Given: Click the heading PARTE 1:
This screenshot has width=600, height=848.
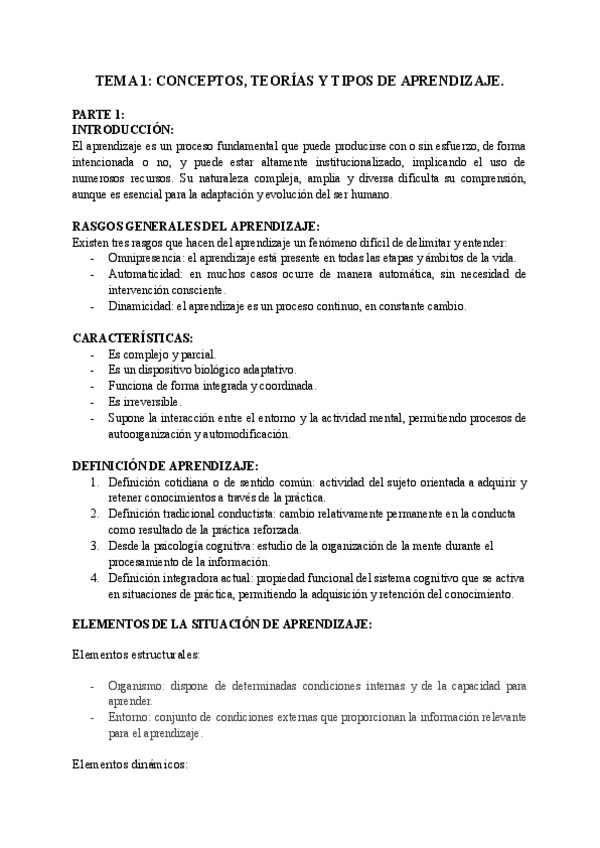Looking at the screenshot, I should pos(98,114).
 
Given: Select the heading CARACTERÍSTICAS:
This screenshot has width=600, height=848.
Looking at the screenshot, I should pos(133,337).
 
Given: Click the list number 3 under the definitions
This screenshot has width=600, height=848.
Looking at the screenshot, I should pos(95,545).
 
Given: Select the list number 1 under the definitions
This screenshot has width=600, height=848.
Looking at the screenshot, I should pos(95,482).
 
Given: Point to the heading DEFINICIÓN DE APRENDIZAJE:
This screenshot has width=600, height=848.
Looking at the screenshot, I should pos(166,465).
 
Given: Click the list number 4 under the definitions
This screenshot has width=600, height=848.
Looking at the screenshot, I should pos(95,577).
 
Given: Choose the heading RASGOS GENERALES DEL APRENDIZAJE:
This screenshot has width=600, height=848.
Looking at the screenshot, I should pos(196,227).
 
